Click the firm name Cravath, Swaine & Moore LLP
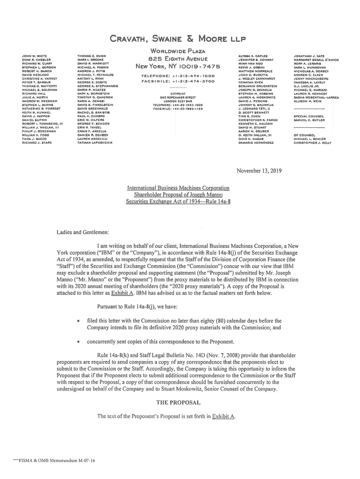click(x=180, y=38)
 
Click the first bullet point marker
click(x=78, y=321)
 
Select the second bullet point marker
click(x=78, y=341)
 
